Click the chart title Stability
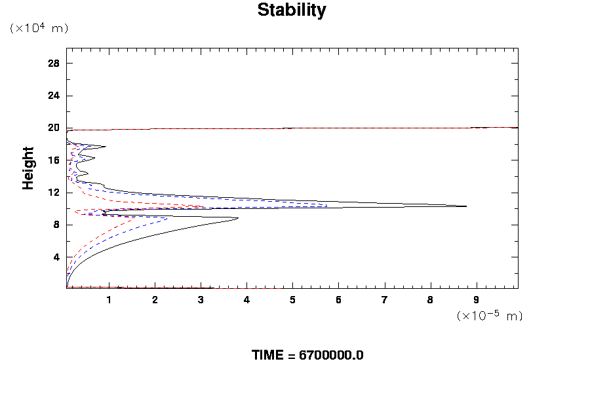click(291, 10)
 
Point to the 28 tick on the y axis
click(54, 64)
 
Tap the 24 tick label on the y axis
click(54, 96)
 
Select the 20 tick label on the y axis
click(54, 128)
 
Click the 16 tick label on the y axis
click(54, 160)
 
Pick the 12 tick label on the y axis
click(54, 193)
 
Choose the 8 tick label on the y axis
click(56, 225)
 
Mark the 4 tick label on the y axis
click(56, 257)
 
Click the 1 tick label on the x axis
click(109, 300)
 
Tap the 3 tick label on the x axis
click(201, 300)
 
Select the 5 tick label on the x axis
click(292, 300)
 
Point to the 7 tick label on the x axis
click(384, 300)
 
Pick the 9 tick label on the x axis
click(476, 300)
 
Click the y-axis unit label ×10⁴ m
click(39, 28)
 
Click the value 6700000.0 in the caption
click(331, 355)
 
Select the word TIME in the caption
click(269, 355)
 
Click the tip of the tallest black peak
click(466, 206)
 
